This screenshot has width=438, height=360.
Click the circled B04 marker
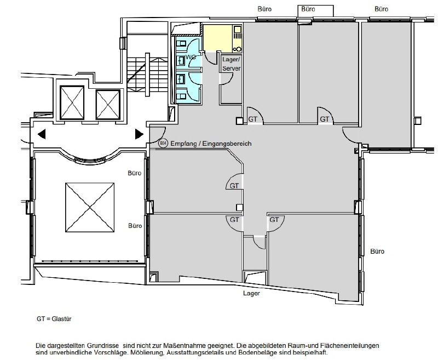(163, 144)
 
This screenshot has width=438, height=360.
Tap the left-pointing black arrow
(42, 134)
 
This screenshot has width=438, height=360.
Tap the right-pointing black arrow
(140, 134)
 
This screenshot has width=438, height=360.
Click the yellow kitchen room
(222, 38)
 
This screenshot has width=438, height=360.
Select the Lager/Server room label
(231, 64)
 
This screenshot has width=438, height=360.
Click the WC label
(191, 57)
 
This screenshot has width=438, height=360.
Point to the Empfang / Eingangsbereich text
(211, 144)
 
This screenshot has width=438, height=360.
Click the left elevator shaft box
(72, 102)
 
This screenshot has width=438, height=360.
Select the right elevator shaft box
(108, 104)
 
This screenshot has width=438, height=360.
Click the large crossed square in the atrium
(90, 207)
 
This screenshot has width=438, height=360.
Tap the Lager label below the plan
(251, 293)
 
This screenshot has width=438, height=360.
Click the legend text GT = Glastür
(54, 319)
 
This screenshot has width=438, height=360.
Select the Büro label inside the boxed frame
(308, 9)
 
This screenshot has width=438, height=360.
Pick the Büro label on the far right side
(377, 252)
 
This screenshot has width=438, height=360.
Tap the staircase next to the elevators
(147, 74)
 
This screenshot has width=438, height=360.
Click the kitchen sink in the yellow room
(237, 29)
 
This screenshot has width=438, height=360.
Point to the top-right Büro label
(381, 9)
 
